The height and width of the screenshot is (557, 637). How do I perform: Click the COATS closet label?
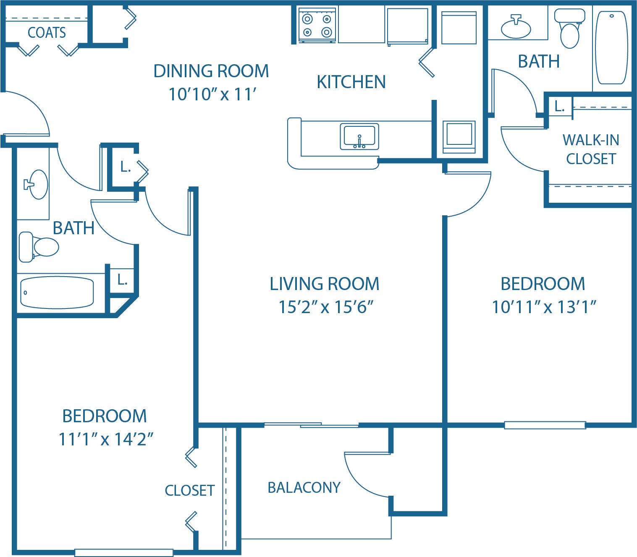click(x=47, y=32)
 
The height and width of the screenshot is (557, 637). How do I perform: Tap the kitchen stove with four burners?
click(x=317, y=25)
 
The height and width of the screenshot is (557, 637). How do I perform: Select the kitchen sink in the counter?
click(x=359, y=136)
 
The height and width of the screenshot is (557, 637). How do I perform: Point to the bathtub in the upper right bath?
click(x=611, y=48)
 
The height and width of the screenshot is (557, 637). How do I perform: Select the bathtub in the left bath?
click(x=57, y=292)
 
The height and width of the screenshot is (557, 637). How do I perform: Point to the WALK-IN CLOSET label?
click(x=590, y=149)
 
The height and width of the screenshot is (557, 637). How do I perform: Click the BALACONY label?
click(x=304, y=487)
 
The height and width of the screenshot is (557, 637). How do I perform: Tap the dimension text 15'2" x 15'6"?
click(x=326, y=307)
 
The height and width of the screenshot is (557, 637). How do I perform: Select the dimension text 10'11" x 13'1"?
click(x=544, y=307)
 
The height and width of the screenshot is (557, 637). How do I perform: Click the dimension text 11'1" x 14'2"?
click(x=105, y=439)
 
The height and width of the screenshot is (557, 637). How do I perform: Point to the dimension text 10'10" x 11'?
click(x=212, y=94)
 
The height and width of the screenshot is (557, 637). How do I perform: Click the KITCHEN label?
click(x=351, y=82)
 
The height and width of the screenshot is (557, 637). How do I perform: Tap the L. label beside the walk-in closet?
click(x=559, y=107)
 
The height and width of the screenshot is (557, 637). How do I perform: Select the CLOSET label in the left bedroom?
click(x=189, y=490)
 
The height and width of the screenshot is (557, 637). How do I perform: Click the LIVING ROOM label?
click(x=325, y=284)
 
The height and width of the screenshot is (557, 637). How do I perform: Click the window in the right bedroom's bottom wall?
click(x=545, y=425)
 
